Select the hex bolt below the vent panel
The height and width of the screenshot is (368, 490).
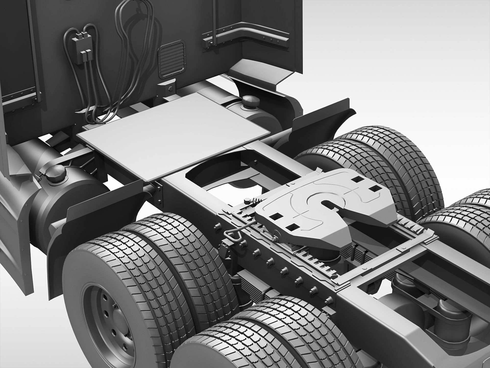(x=170, y=90)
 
